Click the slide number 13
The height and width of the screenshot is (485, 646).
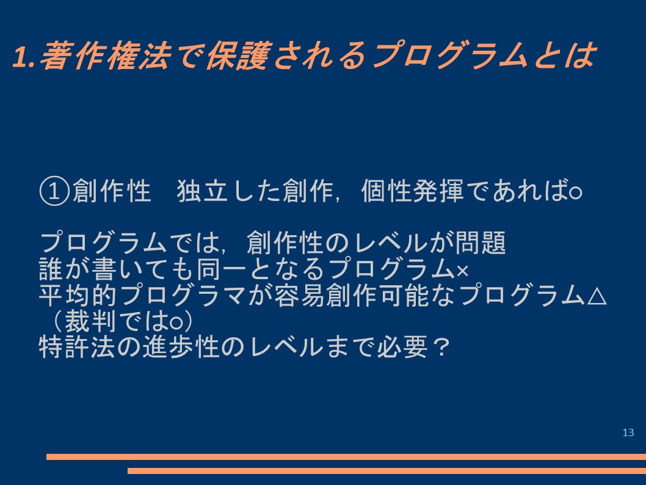[628, 432]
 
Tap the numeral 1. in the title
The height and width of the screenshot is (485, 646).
[23, 56]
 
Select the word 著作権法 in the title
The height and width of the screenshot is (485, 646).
[104, 55]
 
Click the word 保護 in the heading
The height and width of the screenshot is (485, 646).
[238, 55]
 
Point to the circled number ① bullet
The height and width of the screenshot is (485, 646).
[54, 191]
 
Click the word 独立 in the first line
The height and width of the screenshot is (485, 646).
[202, 191]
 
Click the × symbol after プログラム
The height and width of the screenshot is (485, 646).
[462, 271]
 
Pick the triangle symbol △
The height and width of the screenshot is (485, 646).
[596, 296]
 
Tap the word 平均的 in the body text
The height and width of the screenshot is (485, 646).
[78, 295]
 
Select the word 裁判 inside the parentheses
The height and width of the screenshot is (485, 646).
[90, 321]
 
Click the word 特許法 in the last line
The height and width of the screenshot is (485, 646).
[78, 347]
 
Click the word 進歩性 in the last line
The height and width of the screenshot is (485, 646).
[180, 347]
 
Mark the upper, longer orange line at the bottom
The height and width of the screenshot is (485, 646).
[346, 456]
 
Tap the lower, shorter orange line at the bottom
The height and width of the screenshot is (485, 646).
[387, 471]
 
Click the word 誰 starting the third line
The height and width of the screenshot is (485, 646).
[52, 269]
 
